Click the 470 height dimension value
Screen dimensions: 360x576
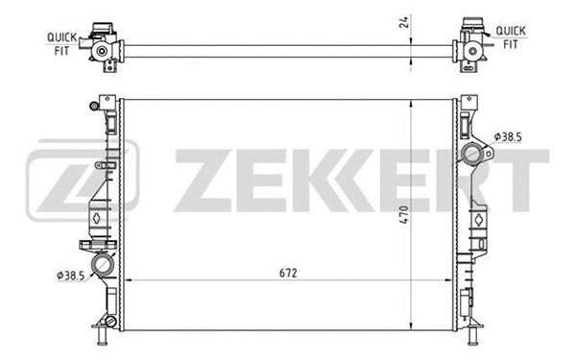405,215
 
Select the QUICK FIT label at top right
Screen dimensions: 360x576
510,36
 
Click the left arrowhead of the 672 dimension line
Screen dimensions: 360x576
132,280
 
